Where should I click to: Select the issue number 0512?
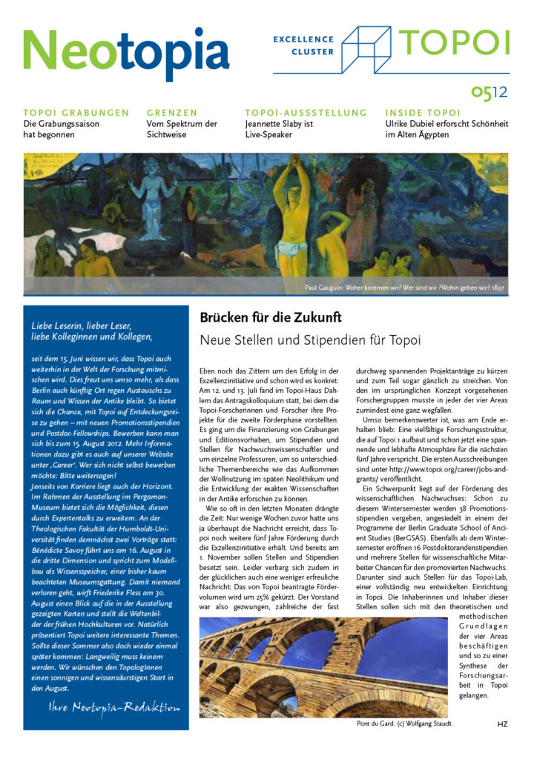click(x=490, y=92)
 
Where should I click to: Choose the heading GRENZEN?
click(x=172, y=113)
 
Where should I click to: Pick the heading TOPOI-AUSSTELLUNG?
click(x=306, y=113)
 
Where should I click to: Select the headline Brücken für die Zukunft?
click(x=271, y=317)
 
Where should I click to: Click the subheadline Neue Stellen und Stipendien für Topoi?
click(x=310, y=341)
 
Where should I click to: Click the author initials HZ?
click(x=502, y=723)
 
